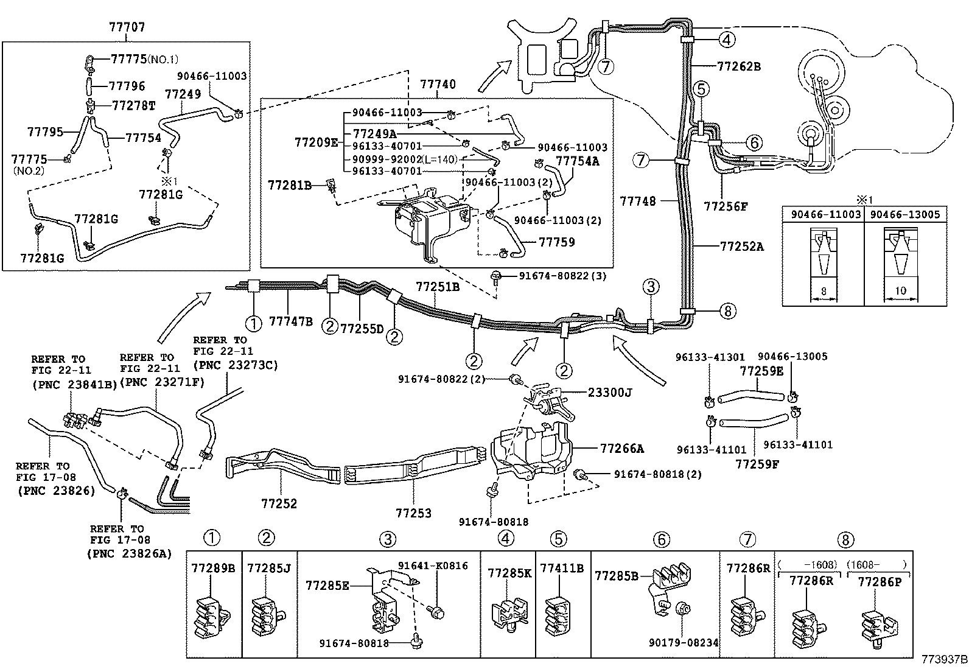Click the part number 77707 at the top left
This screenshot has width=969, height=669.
pyautogui.click(x=127, y=27)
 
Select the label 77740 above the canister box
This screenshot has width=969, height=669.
pyautogui.click(x=438, y=84)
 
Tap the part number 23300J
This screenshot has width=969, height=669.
pyautogui.click(x=610, y=393)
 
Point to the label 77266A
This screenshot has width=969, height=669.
pyautogui.click(x=621, y=449)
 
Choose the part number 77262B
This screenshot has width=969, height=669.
pyautogui.click(x=739, y=66)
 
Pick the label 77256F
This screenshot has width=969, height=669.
pyautogui.click(x=726, y=206)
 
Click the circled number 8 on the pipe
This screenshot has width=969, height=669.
pyautogui.click(x=727, y=312)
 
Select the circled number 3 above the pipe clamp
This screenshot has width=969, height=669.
pyautogui.click(x=650, y=286)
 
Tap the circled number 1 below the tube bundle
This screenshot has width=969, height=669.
pyautogui.click(x=253, y=324)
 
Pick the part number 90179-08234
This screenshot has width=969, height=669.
pyautogui.click(x=684, y=642)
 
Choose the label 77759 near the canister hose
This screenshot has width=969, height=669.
pyautogui.click(x=556, y=242)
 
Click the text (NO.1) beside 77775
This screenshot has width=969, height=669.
pyautogui.click(x=163, y=59)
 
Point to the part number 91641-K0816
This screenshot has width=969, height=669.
pyautogui.click(x=433, y=566)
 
